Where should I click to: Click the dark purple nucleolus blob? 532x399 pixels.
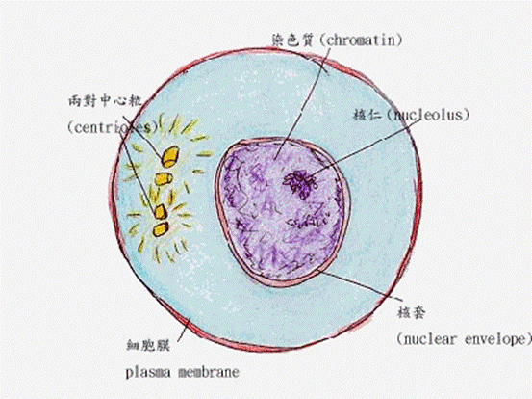[x=300, y=184]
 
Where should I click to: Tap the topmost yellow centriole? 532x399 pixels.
[x=169, y=156]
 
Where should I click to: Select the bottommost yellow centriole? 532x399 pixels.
[x=160, y=229]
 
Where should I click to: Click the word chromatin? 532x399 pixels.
[x=361, y=40]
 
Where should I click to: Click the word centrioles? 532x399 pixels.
[x=113, y=128]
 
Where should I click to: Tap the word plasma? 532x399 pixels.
[x=148, y=373]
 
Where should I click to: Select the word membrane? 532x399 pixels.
[x=209, y=372]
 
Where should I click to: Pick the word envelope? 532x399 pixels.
[x=494, y=339]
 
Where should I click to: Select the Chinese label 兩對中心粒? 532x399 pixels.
[x=105, y=101]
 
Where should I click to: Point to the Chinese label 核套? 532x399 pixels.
[x=411, y=312]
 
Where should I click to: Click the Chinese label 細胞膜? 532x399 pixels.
[x=148, y=345]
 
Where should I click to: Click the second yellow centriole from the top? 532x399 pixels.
[x=164, y=179]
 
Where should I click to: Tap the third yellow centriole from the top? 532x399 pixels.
[x=160, y=212]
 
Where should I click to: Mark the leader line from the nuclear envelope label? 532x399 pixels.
[x=361, y=285]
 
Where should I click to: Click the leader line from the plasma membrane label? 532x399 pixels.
[x=184, y=329]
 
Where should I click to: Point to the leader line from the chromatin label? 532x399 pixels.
[x=302, y=103]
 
